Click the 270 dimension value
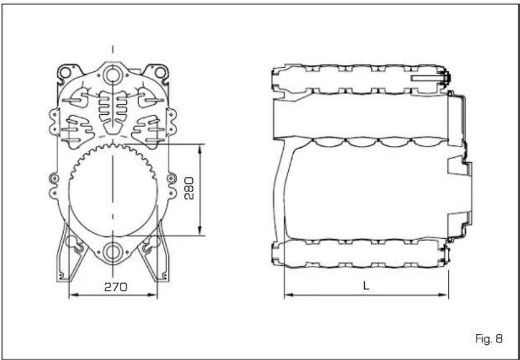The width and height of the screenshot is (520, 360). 116,287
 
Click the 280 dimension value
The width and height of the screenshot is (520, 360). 189,188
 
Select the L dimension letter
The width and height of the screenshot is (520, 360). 366,285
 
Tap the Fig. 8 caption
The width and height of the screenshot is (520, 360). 489,339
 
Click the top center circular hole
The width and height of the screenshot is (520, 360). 112,76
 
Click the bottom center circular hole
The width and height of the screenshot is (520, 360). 112,253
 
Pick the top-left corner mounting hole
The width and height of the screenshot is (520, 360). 65,72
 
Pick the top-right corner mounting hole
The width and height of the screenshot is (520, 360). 160,72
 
